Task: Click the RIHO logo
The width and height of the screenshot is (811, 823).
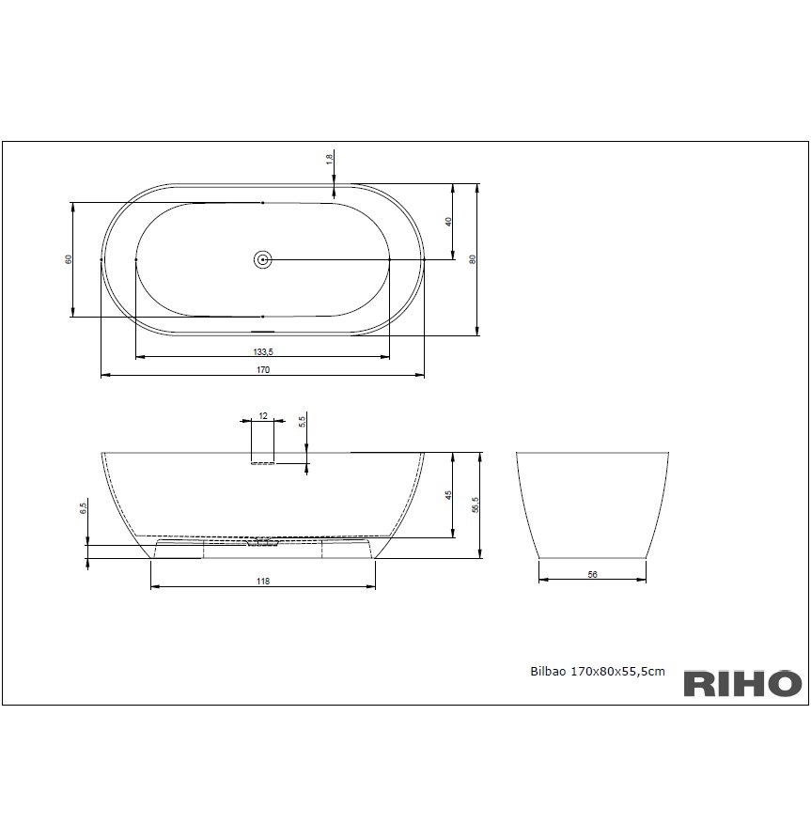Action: click(742, 684)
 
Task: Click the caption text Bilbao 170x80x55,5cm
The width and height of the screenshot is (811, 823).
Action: click(598, 672)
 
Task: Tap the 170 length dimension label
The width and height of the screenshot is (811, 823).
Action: click(263, 369)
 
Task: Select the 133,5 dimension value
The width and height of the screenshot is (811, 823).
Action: click(263, 351)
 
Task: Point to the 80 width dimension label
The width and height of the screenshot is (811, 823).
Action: click(473, 259)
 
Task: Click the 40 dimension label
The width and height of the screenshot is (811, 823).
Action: click(448, 222)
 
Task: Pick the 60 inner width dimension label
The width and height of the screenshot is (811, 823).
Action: click(69, 259)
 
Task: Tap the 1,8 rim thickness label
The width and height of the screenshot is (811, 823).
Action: click(329, 160)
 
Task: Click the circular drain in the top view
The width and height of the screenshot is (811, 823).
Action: click(262, 259)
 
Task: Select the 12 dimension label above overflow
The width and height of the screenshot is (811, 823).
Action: click(263, 415)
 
